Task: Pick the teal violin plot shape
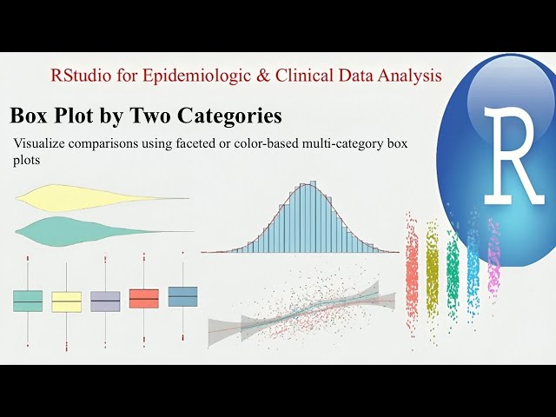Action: [78, 230]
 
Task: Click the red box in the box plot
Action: [143, 298]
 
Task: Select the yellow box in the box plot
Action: [66, 301]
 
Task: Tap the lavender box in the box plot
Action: [105, 301]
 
